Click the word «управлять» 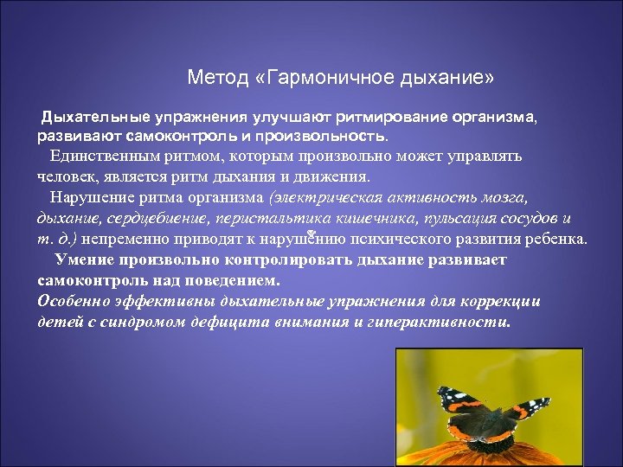(x=489, y=157)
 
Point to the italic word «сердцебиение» (x=163, y=218)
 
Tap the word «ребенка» (x=557, y=239)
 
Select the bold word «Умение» (x=84, y=259)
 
